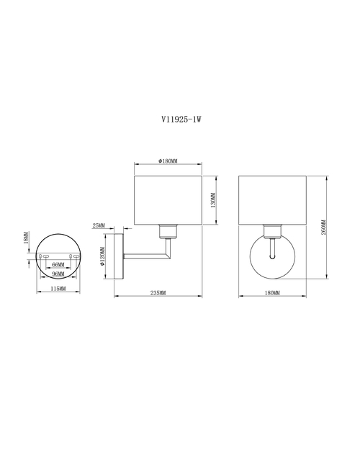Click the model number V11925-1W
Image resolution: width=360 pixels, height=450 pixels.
(181, 119)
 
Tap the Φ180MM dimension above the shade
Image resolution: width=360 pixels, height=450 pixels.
(168, 161)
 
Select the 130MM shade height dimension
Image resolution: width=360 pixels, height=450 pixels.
(212, 200)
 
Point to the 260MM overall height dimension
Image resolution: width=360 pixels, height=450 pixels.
(323, 228)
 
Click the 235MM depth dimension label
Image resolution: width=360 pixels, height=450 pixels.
(158, 293)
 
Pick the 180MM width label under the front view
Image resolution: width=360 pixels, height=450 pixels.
(272, 293)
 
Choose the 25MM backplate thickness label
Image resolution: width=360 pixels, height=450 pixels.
(99, 225)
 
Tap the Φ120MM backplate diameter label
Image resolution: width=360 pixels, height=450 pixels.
(102, 256)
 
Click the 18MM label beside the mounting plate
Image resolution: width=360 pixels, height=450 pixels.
(26, 238)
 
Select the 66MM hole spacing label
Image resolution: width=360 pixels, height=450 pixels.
(58, 264)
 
